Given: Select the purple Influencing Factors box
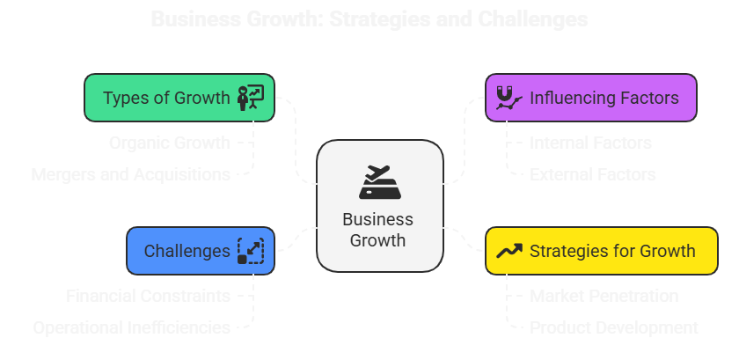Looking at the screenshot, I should coord(590,98).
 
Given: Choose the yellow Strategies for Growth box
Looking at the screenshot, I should coord(590,251).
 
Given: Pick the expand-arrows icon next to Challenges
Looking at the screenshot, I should coord(251,251).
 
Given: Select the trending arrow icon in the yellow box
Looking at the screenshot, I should coord(509,251).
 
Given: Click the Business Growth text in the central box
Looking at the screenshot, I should coord(378,229).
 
